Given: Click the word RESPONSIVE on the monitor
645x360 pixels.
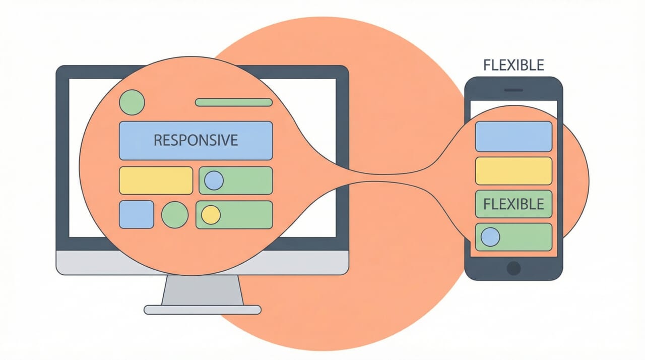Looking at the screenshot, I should click(x=196, y=140).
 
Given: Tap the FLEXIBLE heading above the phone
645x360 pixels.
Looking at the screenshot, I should click(x=513, y=66).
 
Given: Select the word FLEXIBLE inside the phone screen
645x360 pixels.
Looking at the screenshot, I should click(x=513, y=204).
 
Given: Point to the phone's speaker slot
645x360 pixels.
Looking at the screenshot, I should click(x=513, y=90).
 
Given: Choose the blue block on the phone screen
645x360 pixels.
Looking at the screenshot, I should click(x=513, y=137).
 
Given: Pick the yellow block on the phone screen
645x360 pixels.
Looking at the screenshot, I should click(x=513, y=170).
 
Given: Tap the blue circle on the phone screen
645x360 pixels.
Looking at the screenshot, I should click(x=490, y=237).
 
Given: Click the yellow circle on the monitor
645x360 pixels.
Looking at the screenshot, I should click(x=211, y=215).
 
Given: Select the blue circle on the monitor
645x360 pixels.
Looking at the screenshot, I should click(x=214, y=181).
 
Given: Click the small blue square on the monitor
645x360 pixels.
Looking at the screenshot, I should click(x=136, y=214).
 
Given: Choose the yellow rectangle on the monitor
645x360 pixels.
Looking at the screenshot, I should click(x=156, y=181).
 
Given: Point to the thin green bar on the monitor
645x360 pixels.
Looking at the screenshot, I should click(x=233, y=102).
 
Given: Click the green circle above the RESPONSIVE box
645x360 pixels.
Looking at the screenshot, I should click(x=132, y=102).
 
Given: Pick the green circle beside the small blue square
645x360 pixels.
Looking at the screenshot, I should click(x=174, y=214).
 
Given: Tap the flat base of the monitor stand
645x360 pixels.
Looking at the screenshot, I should click(x=202, y=310).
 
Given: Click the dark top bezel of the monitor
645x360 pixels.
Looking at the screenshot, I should click(x=252, y=71).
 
